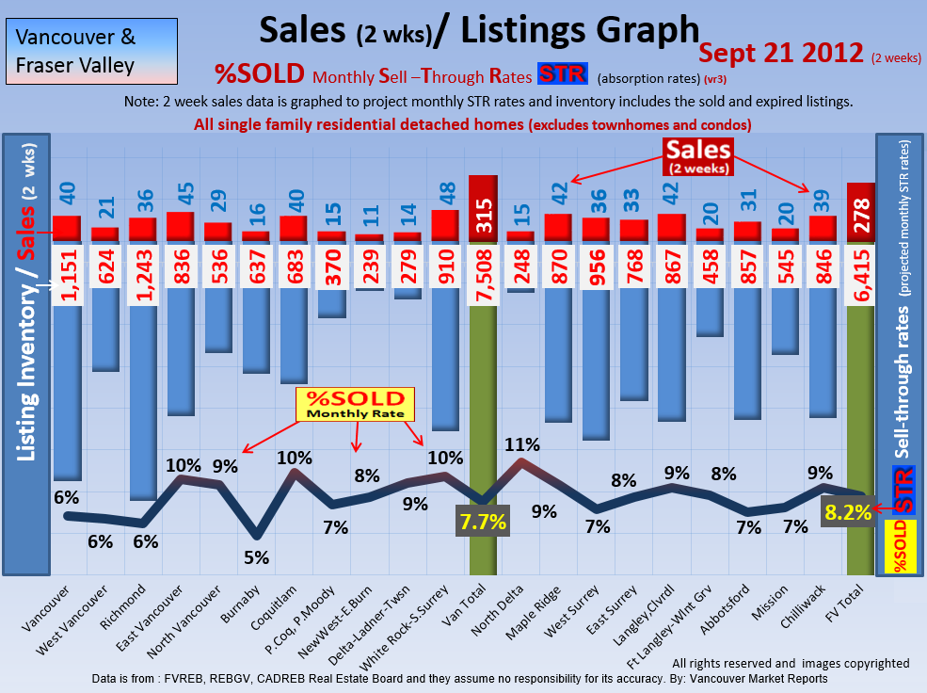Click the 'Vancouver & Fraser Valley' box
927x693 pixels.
pos(90,52)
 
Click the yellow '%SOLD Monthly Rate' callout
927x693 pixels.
pos(355,404)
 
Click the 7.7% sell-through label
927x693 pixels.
pos(483,520)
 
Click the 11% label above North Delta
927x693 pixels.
pos(521,444)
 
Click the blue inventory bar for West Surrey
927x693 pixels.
pos(597,377)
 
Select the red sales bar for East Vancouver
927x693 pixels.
pos(180,226)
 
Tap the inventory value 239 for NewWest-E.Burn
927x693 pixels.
pos(369,266)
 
